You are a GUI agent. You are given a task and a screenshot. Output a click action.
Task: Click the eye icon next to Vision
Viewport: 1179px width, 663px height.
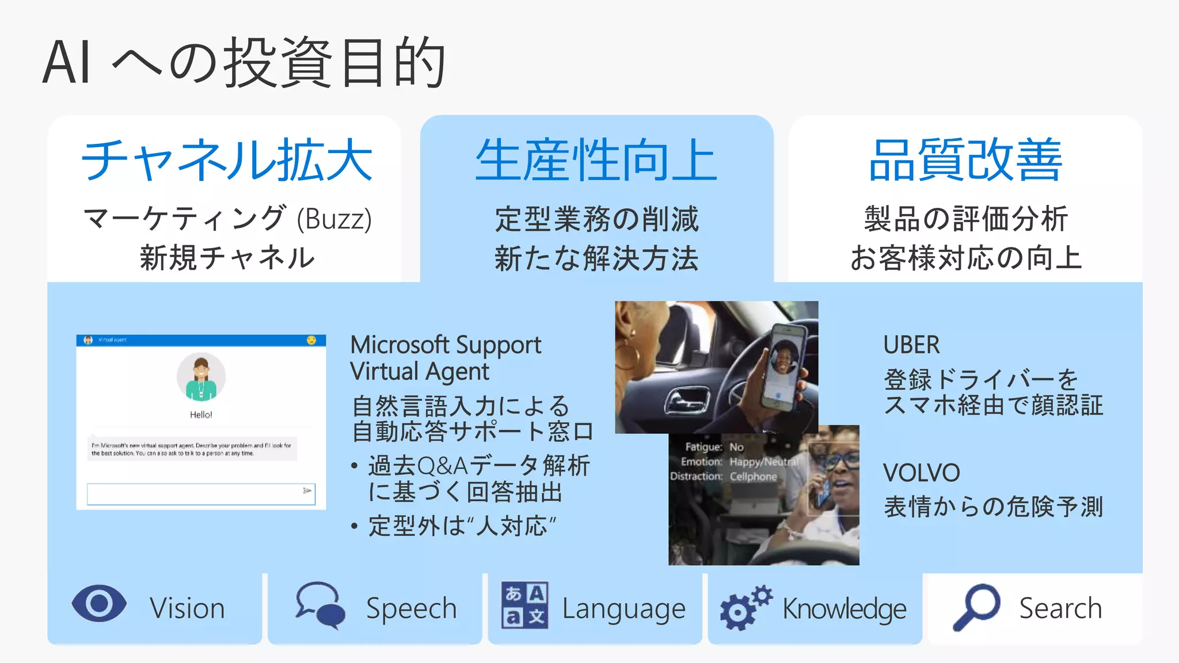[x=99, y=604]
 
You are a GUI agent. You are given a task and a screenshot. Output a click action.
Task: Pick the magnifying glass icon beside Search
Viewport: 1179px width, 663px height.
[x=976, y=607]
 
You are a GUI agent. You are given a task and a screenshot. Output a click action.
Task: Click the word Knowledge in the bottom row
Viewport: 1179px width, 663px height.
[x=844, y=609]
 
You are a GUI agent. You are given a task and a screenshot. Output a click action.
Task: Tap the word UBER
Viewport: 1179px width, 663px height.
[x=911, y=345]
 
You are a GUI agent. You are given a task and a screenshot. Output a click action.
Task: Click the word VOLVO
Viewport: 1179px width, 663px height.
[x=921, y=473]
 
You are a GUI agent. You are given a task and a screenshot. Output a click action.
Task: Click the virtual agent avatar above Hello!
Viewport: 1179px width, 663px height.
[x=201, y=377]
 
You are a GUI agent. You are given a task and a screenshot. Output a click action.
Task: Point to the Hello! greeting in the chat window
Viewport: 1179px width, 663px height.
[x=201, y=414]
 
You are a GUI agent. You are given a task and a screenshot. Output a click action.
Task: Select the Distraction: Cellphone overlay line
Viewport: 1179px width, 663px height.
[x=723, y=477]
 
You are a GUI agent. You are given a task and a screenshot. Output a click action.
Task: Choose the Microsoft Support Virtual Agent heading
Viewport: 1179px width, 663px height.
[x=446, y=358]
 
